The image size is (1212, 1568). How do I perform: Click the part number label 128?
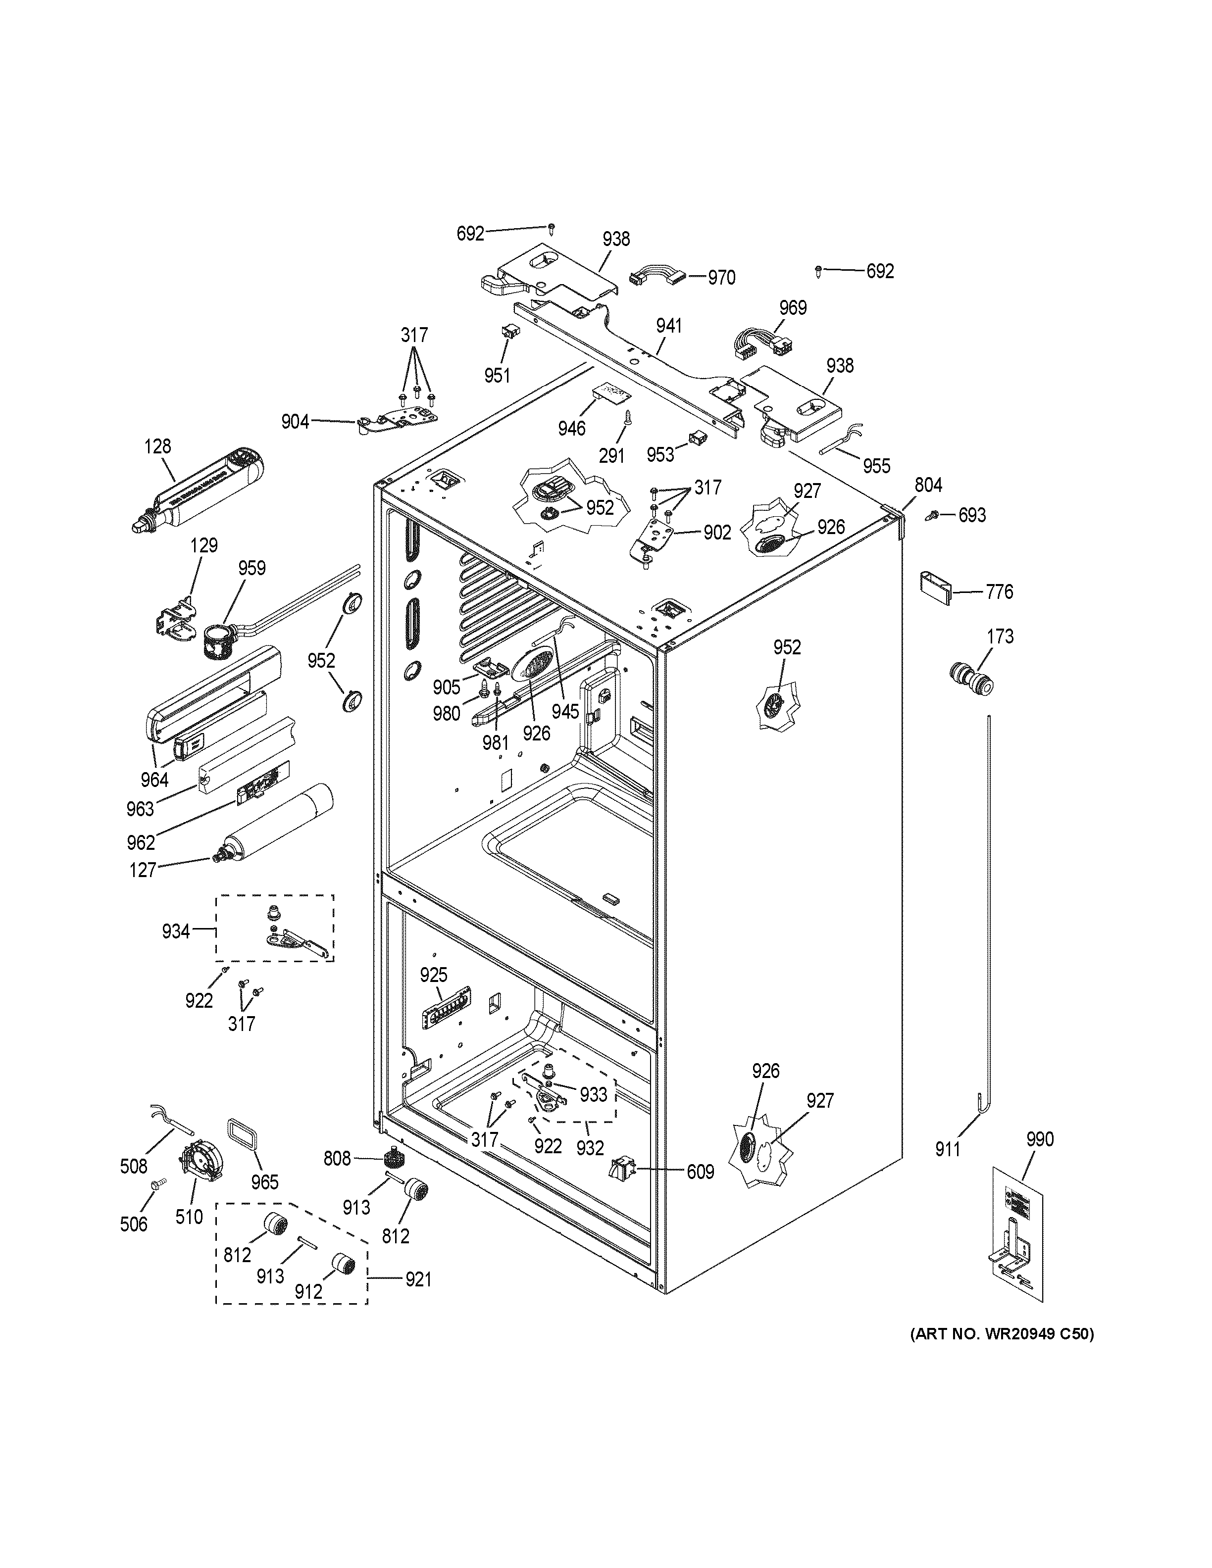pos(157,446)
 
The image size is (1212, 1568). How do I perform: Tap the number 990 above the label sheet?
pos(1039,1139)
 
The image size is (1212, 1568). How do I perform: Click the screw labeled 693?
pos(934,514)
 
